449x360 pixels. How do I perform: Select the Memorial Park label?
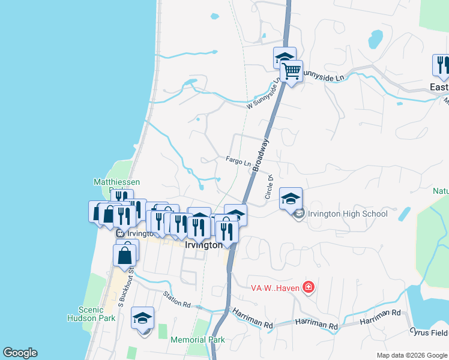[197, 340]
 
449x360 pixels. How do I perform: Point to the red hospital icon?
[309, 287]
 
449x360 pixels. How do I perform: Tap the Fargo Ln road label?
[238, 160]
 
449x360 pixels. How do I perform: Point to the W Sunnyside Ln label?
[264, 96]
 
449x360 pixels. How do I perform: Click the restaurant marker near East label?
[442, 65]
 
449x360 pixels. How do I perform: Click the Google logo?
[20, 353]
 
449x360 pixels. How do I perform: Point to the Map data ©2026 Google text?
[412, 355]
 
